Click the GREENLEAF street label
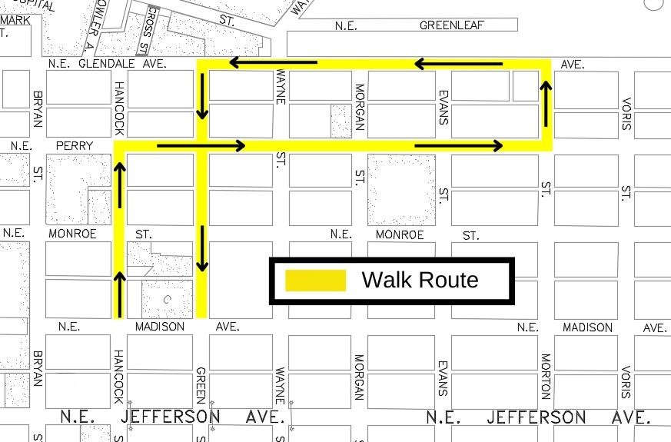pyautogui.click(x=451, y=25)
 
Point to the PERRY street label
pyautogui.click(x=75, y=145)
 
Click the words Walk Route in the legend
pyautogui.click(x=420, y=280)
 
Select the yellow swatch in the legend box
pyautogui.click(x=315, y=281)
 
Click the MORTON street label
pyautogui.click(x=545, y=376)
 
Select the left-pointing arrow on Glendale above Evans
pyautogui.click(x=458, y=64)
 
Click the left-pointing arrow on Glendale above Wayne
pyautogui.click(x=273, y=62)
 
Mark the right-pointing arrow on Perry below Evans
pyautogui.click(x=458, y=145)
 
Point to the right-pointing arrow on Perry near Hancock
pyautogui.click(x=201, y=145)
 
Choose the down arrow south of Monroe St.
pyautogui.click(x=202, y=248)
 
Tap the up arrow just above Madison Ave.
pyautogui.click(x=119, y=287)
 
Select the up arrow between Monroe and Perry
pyautogui.click(x=119, y=184)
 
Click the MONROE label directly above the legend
pyautogui.click(x=400, y=234)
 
